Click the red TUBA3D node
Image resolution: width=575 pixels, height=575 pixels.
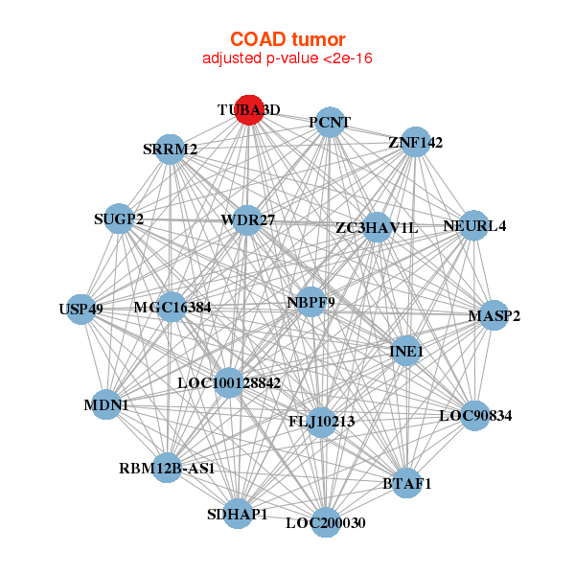coord(249,110)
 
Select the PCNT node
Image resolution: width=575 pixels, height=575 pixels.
coord(330,123)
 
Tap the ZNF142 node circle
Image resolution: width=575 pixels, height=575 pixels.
coord(415,142)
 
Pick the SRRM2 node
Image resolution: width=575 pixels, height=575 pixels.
coord(170,149)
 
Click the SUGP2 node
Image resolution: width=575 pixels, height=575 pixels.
coord(119,218)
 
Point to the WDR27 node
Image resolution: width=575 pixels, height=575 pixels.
coord(247,220)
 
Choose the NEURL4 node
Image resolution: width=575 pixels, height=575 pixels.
coord(473,225)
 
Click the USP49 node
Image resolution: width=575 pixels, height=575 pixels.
coord(81,310)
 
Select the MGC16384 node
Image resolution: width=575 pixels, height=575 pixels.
coord(172,307)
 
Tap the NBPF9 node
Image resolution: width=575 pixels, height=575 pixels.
coord(310,302)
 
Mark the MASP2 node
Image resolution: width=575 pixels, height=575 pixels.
coord(494,315)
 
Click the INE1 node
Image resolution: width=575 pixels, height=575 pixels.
coord(406,351)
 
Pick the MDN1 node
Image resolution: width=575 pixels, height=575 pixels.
coord(106,404)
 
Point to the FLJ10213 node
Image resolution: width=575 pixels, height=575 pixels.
coord(322,422)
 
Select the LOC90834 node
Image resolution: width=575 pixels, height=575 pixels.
coord(475,416)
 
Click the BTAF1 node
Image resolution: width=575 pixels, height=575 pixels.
coord(406,483)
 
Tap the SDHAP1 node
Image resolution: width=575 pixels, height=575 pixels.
coord(238,514)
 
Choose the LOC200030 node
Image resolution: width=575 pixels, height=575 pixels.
coord(326,522)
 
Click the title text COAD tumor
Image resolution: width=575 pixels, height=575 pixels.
coord(287,39)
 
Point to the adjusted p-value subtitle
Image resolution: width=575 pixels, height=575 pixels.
coord(287,58)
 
